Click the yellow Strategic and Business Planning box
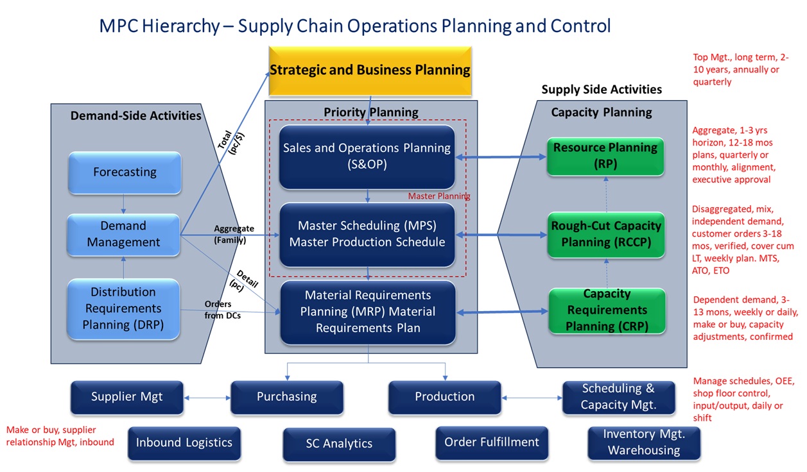370,70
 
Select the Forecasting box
125,173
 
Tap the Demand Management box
124,234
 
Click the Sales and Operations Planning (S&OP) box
367,156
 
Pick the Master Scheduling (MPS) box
367,234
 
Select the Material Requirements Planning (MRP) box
367,312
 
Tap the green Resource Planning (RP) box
605,155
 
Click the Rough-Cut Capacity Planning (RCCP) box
606,234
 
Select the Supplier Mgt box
127,397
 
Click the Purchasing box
286,397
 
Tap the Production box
444,397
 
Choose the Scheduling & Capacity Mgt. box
618,397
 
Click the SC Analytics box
339,444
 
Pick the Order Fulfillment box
492,442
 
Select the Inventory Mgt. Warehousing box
643,442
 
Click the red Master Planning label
439,196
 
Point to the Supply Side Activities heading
601,89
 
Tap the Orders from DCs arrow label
222,309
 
